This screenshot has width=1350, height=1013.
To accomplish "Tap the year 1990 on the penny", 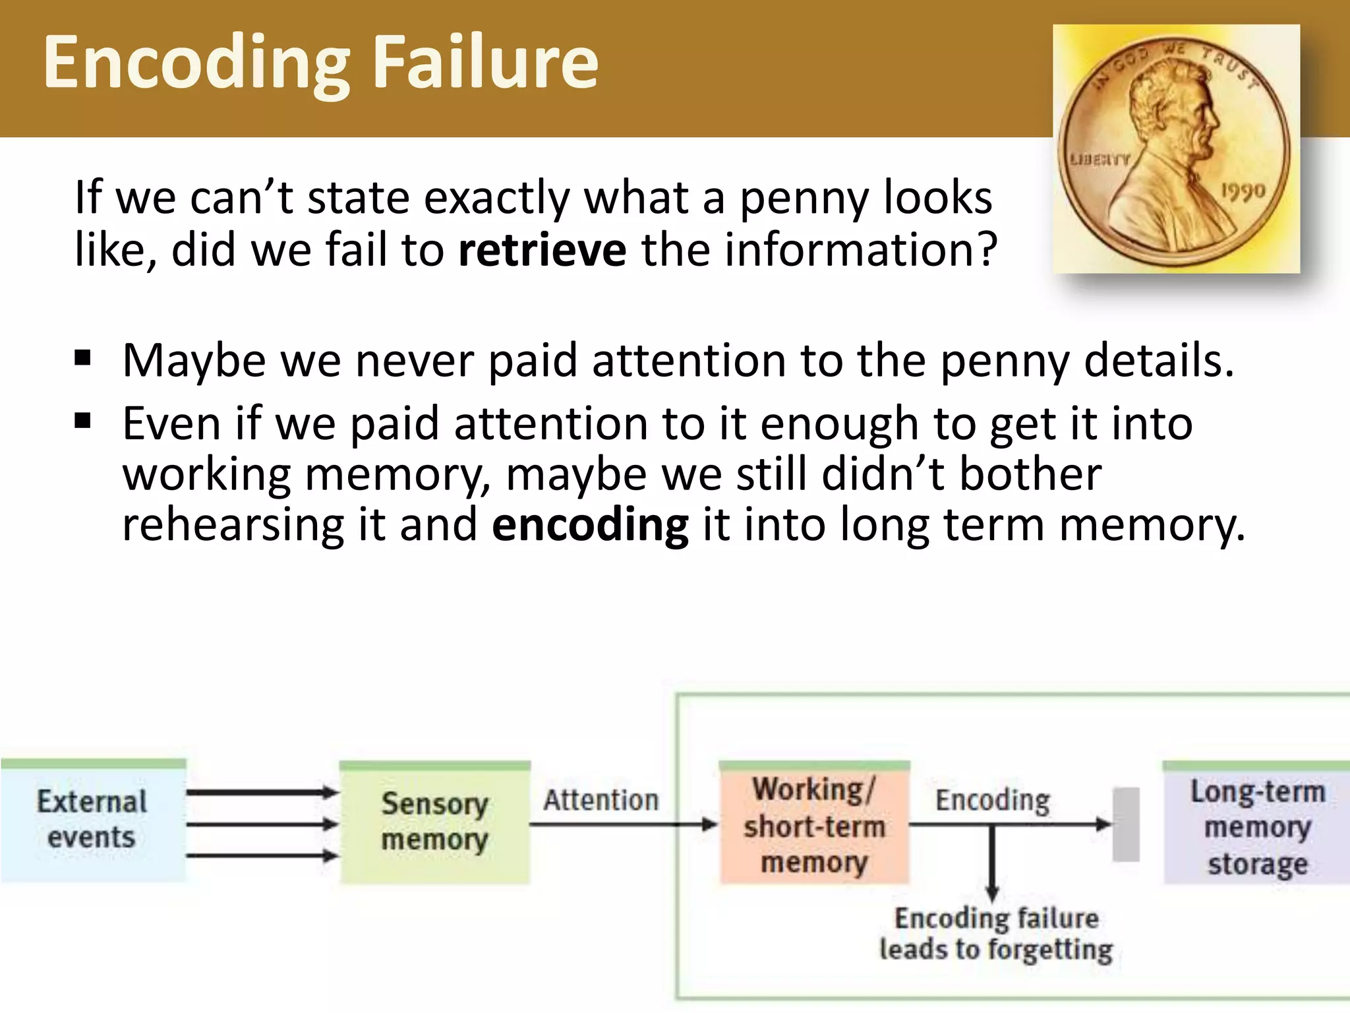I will (1243, 192).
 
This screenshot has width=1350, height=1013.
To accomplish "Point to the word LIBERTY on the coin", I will (1100, 160).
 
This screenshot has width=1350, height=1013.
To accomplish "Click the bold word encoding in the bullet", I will (590, 524).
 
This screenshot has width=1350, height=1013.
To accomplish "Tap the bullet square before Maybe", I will (82, 358).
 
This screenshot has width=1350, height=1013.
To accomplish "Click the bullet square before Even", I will (82, 420).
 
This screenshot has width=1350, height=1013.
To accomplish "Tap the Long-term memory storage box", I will (1256, 824).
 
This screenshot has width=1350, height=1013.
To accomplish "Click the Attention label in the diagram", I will (601, 800).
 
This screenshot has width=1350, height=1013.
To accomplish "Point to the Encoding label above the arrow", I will (992, 800).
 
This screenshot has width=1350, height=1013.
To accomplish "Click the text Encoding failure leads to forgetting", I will (995, 934).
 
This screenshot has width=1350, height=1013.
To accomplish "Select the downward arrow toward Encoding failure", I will (992, 864).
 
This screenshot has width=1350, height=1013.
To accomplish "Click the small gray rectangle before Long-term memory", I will (1126, 824).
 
